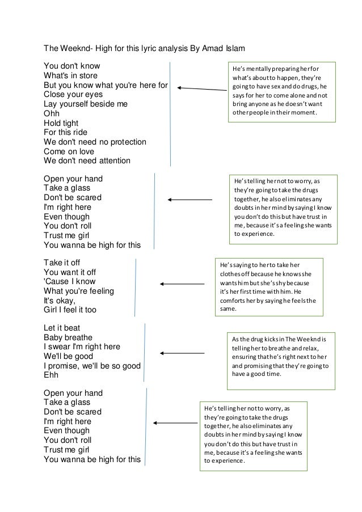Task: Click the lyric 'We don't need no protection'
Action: click(95, 142)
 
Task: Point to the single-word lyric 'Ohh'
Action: click(52, 113)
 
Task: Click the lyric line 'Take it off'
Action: click(62, 263)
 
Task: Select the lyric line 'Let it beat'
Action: click(62, 328)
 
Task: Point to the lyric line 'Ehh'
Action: click(51, 375)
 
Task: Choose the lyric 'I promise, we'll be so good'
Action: click(92, 366)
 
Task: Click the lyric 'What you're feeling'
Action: click(78, 291)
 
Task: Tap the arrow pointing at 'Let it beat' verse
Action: click(179, 353)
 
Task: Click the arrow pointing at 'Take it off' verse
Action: click(182, 283)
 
